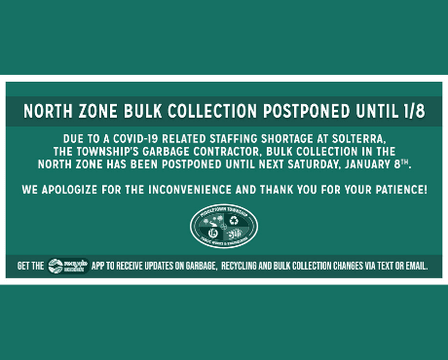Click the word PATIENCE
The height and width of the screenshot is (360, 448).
click(x=396, y=187)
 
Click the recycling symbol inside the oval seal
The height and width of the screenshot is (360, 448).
click(x=234, y=220)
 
